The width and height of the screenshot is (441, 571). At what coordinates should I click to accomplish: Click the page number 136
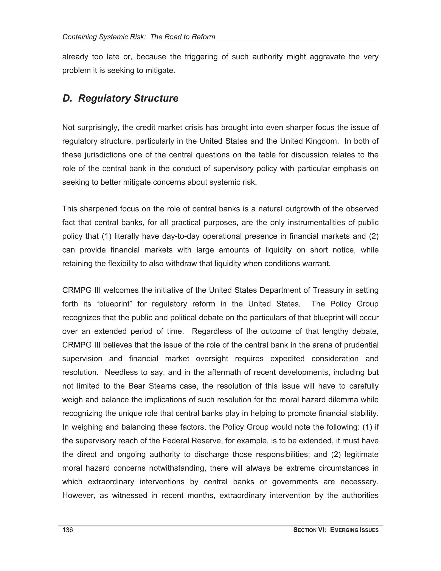click(68, 530)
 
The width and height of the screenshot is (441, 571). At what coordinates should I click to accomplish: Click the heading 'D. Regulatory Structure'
click(120, 98)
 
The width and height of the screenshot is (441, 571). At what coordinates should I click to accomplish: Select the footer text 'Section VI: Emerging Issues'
click(336, 530)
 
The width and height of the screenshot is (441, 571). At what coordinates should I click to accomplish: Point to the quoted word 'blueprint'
click(115, 304)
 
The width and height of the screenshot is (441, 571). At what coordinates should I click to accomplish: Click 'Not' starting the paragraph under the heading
click(68, 128)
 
